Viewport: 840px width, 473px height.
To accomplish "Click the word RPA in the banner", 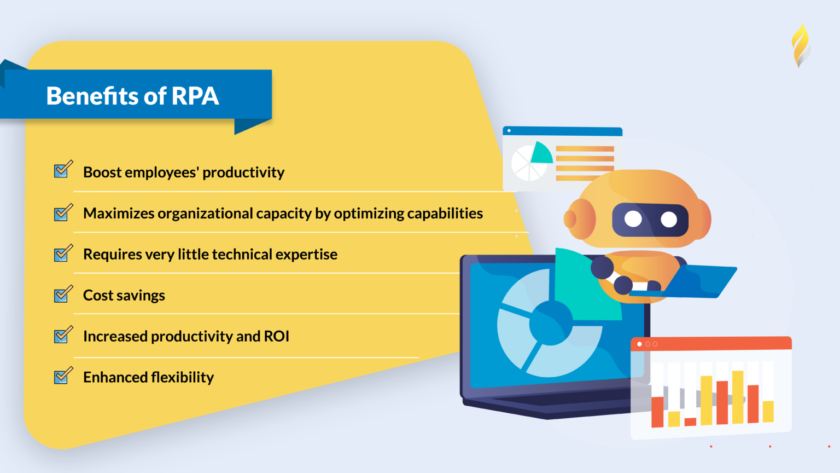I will click(195, 96).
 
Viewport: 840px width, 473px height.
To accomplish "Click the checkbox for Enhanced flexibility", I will click(62, 376).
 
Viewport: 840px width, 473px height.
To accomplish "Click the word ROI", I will click(276, 336).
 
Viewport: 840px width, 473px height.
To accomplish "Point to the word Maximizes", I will click(119, 213).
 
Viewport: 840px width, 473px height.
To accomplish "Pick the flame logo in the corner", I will click(801, 45).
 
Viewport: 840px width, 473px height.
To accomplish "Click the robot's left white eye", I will click(633, 219).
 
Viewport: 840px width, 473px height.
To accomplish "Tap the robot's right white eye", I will click(669, 220).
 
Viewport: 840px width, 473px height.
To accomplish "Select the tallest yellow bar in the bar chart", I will click(738, 397).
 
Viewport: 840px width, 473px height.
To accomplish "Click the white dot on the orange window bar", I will click(639, 344).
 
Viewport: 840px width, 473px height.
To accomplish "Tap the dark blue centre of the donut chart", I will click(550, 324).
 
